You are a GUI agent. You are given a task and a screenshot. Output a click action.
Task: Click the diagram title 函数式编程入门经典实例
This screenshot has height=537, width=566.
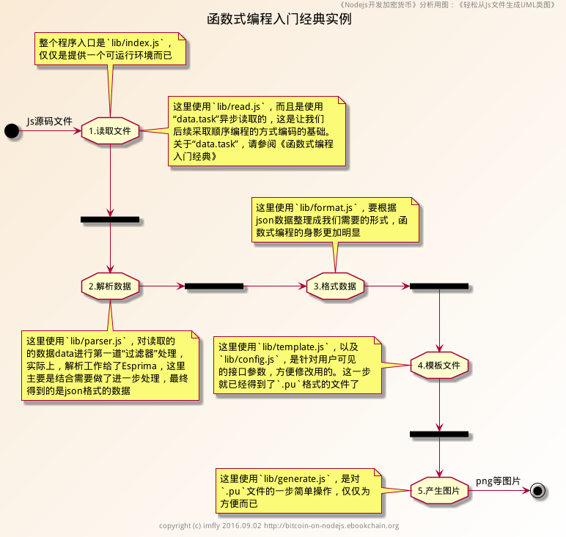[279, 19]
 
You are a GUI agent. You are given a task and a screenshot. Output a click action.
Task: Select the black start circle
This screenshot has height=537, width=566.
[11, 130]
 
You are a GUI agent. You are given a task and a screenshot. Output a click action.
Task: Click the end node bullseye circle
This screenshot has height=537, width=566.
[539, 490]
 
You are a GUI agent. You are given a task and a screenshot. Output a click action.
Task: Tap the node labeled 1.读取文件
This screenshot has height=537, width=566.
[110, 131]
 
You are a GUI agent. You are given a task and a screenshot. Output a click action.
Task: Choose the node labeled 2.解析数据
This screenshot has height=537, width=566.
[110, 286]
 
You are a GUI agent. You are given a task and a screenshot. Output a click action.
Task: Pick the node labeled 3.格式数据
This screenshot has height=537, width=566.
[335, 286]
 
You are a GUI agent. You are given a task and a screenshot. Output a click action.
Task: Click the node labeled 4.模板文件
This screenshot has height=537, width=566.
[438, 364]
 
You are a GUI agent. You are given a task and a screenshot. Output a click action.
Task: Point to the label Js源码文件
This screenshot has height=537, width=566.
[50, 121]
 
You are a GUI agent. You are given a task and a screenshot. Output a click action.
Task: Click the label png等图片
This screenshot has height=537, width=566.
[498, 481]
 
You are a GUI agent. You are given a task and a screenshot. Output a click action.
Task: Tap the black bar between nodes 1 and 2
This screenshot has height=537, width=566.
[110, 219]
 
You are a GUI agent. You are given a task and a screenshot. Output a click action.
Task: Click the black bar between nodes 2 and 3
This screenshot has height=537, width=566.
[214, 286]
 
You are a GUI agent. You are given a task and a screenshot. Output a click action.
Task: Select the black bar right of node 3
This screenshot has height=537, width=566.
[438, 286]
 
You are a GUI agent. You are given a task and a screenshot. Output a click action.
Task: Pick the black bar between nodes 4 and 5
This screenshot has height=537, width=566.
[438, 434]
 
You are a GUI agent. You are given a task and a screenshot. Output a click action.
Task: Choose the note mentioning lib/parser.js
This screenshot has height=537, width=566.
[110, 365]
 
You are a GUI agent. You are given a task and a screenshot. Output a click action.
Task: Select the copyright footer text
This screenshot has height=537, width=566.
[279, 525]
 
